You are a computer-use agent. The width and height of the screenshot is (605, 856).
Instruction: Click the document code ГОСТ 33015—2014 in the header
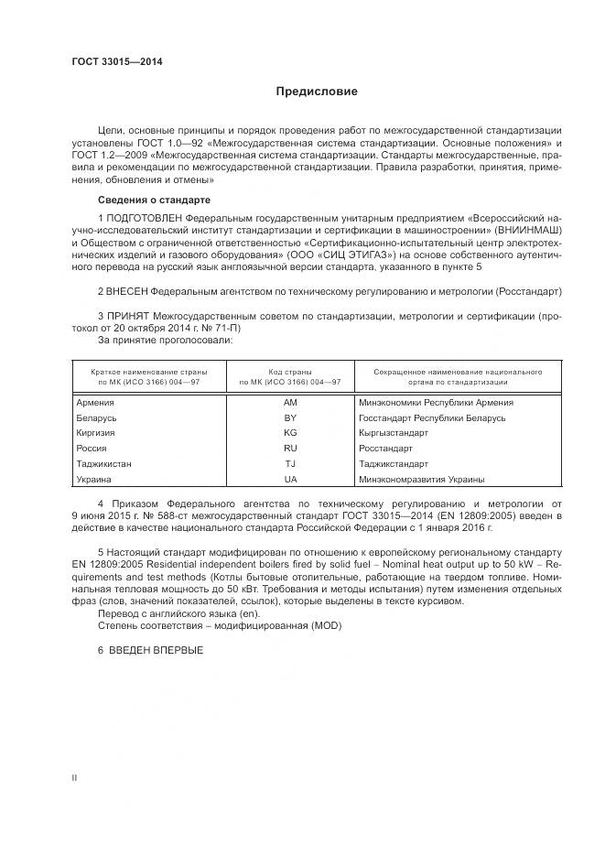(x=111, y=62)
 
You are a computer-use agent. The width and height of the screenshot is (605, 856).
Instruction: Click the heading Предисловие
(x=317, y=92)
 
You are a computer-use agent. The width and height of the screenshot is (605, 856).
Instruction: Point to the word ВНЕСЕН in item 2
(x=127, y=290)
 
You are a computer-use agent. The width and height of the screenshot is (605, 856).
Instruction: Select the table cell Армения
(x=95, y=402)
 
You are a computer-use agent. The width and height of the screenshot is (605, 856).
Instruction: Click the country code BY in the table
(x=290, y=417)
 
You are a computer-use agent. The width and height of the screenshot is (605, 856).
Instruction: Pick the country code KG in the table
(x=290, y=433)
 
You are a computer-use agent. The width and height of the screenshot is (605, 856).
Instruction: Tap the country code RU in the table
(x=290, y=449)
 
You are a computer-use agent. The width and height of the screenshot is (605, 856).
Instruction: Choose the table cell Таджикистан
(x=103, y=464)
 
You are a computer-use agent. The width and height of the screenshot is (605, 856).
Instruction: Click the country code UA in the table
(x=290, y=480)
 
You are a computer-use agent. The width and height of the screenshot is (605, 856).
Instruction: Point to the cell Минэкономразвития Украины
(x=422, y=480)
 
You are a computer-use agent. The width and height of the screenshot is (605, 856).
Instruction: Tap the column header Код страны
(x=289, y=373)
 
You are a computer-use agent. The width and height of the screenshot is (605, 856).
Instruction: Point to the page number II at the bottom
(x=74, y=778)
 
